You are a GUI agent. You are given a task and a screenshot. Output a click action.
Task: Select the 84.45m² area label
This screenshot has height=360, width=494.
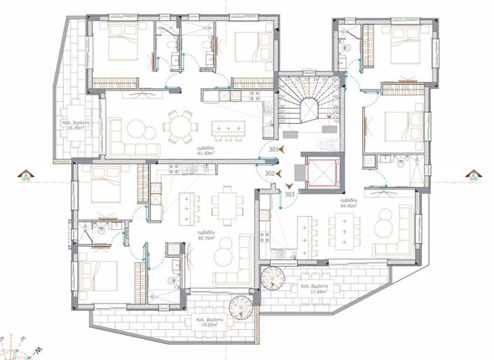(x=348, y=204)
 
